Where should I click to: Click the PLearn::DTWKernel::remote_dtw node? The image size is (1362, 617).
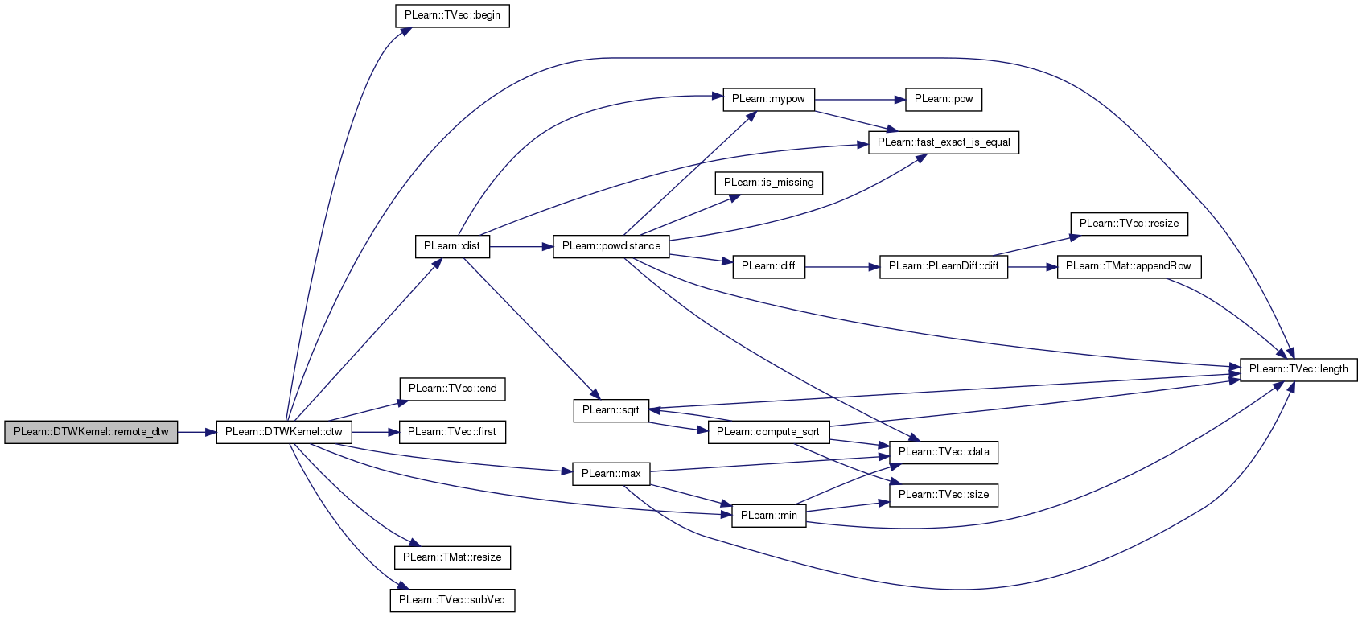pyautogui.click(x=91, y=432)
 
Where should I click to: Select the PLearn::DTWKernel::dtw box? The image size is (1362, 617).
pyautogui.click(x=284, y=432)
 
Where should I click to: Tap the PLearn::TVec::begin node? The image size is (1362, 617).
pyautogui.click(x=452, y=15)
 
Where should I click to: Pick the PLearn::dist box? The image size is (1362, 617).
pyautogui.click(x=452, y=246)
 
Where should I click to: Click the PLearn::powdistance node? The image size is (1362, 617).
pyautogui.click(x=611, y=246)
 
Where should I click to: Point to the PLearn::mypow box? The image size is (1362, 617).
pyautogui.click(x=768, y=99)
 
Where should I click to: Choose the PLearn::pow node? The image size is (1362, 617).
pyautogui.click(x=944, y=99)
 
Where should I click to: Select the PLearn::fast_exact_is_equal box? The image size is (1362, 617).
pyautogui.click(x=944, y=142)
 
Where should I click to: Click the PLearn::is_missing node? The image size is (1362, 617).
pyautogui.click(x=768, y=183)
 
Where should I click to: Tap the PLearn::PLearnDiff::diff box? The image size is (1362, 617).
pyautogui.click(x=944, y=267)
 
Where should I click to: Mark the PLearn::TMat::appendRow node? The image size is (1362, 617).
pyautogui.click(x=1130, y=267)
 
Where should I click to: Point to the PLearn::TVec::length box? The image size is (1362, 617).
pyautogui.click(x=1298, y=369)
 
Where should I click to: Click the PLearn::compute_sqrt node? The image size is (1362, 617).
pyautogui.click(x=768, y=432)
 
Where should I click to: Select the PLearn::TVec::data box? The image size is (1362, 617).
pyautogui.click(x=944, y=452)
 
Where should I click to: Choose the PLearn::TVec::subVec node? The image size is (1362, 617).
pyautogui.click(x=452, y=601)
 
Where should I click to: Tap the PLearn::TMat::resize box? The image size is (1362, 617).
pyautogui.click(x=452, y=557)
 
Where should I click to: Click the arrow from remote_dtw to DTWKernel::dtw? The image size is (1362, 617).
pyautogui.click(x=197, y=432)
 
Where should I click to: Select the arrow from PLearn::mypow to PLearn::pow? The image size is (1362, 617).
pyautogui.click(x=860, y=99)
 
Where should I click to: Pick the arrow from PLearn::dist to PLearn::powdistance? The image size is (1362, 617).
pyautogui.click(x=521, y=246)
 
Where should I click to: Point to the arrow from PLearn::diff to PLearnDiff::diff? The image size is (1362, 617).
pyautogui.click(x=842, y=267)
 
